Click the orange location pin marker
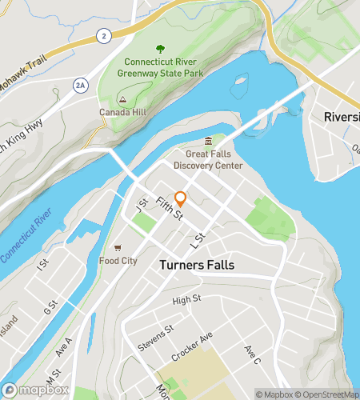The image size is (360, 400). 181,198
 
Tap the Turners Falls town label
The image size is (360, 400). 197,265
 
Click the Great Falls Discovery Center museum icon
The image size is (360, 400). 208,142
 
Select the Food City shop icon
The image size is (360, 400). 118,247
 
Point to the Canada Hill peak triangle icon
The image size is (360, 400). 122,98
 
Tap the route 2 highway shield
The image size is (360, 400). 103,37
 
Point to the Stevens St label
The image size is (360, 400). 158,332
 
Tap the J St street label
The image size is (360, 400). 143,206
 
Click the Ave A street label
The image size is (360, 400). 64,346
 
